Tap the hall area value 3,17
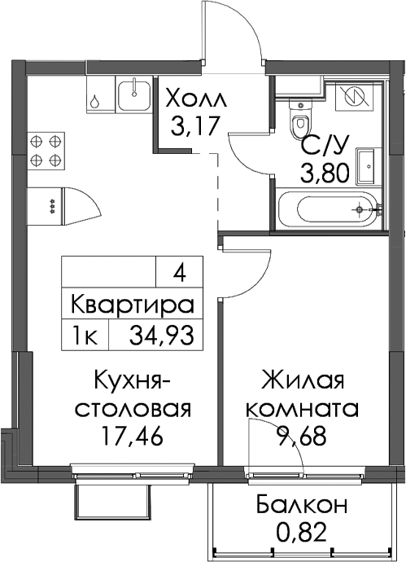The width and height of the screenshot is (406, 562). [x=194, y=125]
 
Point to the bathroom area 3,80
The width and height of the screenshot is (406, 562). [x=325, y=173]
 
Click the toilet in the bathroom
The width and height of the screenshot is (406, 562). [x=299, y=120]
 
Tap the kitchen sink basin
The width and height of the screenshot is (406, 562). [x=134, y=94]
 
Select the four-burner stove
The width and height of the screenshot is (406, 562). [x=46, y=151]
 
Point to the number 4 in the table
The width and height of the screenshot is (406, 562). [x=179, y=275]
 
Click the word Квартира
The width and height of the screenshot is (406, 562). [x=133, y=305]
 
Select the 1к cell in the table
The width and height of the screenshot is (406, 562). [x=85, y=336]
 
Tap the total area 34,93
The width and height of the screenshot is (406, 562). [x=162, y=336]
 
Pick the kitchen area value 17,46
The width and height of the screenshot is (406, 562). [x=132, y=437]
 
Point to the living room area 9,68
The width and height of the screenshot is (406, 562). [x=303, y=437]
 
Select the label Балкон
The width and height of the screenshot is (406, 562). [x=302, y=505]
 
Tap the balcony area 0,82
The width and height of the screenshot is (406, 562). [x=303, y=532]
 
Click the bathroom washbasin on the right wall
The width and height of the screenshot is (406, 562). [x=365, y=166]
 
